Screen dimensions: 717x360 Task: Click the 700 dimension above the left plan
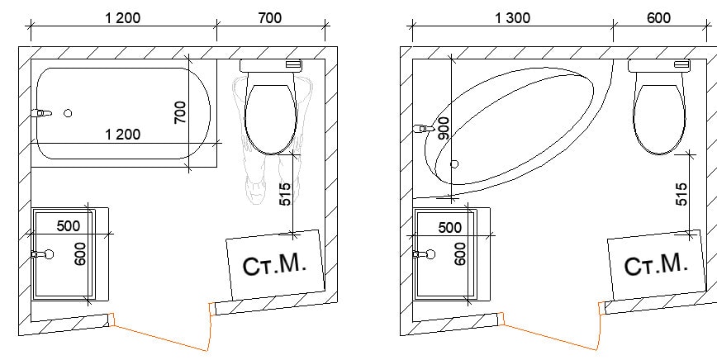pyautogui.click(x=270, y=18)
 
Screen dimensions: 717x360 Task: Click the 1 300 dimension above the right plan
pyautogui.click(x=513, y=18)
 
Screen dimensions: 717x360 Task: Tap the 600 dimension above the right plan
pyautogui.click(x=658, y=18)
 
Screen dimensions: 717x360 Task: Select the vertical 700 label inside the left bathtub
pyautogui.click(x=181, y=112)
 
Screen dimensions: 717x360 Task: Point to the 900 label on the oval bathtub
pyautogui.click(x=443, y=128)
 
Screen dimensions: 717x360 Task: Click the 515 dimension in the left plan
pyautogui.click(x=284, y=194)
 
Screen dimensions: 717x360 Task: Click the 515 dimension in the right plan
pyautogui.click(x=681, y=194)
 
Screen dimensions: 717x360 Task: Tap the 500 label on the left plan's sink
pyautogui.click(x=68, y=226)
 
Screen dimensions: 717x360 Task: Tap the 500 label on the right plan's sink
pyautogui.click(x=450, y=227)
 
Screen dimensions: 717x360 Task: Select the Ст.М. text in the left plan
pyautogui.click(x=274, y=264)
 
